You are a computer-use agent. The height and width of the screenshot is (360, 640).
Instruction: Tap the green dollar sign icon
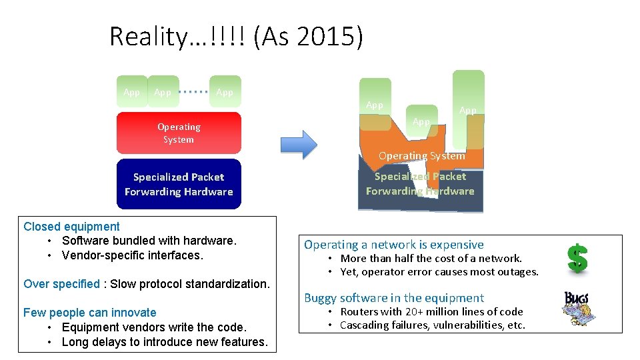tap(577, 258)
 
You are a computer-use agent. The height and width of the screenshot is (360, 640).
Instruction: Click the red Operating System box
tap(179, 133)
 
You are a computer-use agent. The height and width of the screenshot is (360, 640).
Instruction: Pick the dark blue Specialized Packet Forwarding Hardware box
tap(179, 184)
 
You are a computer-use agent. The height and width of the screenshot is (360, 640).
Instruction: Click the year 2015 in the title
tap(324, 36)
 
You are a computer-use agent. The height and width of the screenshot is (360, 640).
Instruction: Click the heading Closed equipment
tap(71, 227)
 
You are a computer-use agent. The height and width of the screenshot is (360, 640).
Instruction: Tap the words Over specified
tap(61, 284)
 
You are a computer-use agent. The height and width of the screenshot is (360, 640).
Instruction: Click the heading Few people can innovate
tap(90, 313)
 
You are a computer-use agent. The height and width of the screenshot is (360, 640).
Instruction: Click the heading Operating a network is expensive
tap(394, 245)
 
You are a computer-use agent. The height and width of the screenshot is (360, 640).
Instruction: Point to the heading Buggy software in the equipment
tap(394, 298)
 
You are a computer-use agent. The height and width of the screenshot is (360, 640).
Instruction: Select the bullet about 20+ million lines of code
tap(431, 312)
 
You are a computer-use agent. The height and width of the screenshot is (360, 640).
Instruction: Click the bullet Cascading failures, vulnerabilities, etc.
tap(433, 325)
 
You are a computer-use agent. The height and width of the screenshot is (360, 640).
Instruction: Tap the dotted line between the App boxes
tap(195, 91)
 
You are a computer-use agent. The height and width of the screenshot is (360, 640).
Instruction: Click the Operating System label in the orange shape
tap(421, 156)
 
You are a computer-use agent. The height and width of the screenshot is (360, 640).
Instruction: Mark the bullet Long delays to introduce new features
tap(164, 342)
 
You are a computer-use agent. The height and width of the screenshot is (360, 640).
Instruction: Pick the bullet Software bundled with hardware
tap(149, 241)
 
